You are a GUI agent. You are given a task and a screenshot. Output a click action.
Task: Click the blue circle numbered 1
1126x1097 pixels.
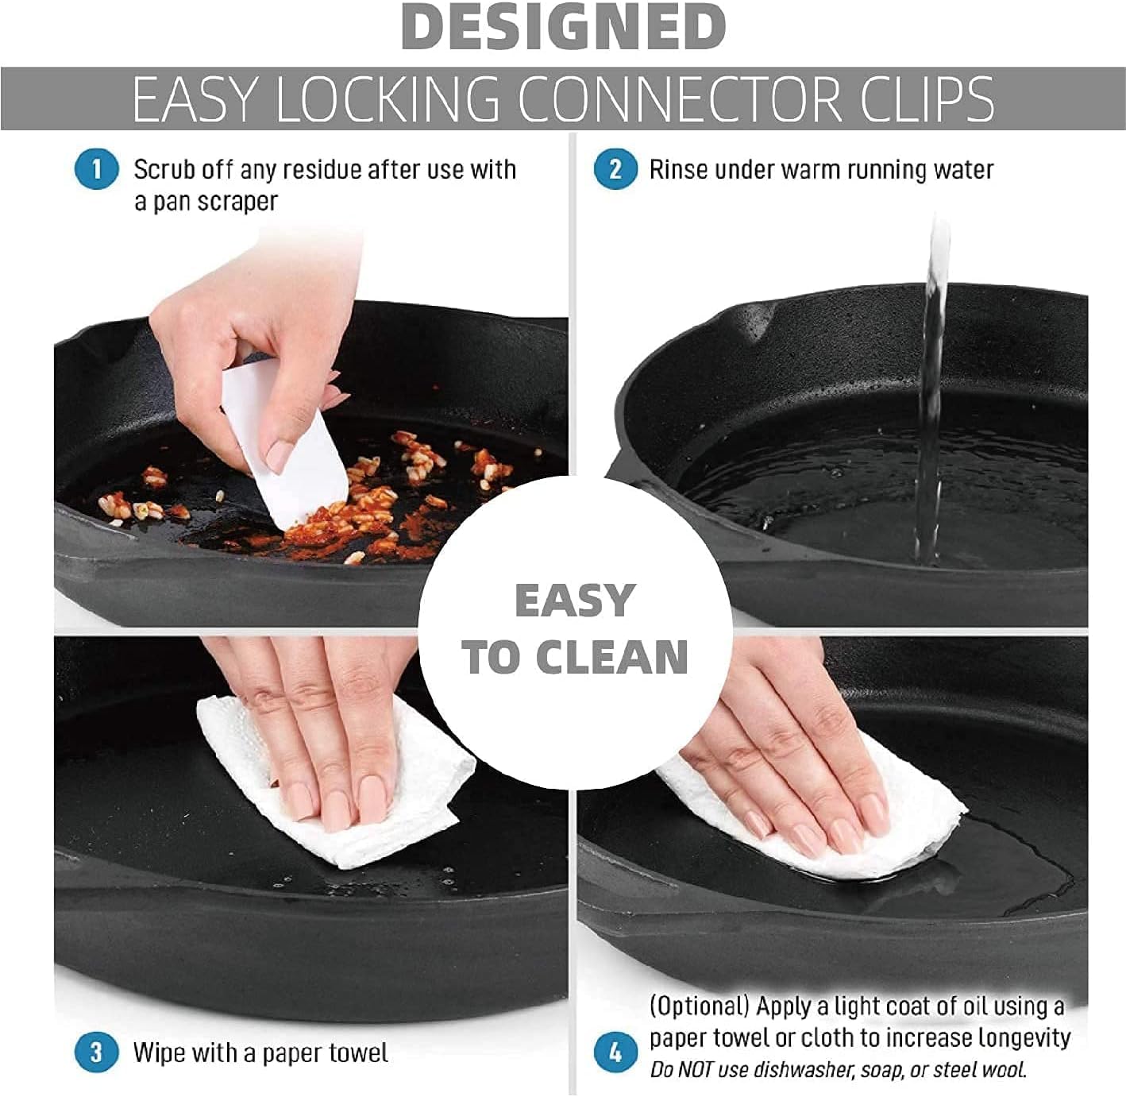point(97,169)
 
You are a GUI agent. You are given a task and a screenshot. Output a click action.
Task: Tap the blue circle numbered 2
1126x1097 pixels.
point(615,169)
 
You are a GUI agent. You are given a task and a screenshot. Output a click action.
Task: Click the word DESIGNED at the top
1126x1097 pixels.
point(563,28)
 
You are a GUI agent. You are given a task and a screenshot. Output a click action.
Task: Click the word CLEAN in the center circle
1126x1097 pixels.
point(612,659)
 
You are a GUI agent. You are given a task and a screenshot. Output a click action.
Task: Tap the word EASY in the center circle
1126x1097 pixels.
point(575,601)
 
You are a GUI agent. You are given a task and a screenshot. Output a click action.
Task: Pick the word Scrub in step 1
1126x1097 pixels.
point(164,170)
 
